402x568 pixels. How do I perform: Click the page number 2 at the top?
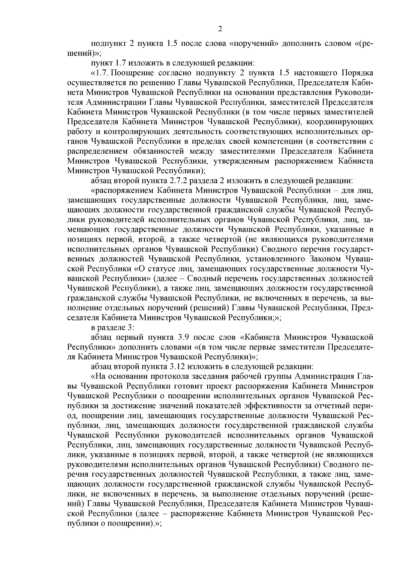point(220,29)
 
